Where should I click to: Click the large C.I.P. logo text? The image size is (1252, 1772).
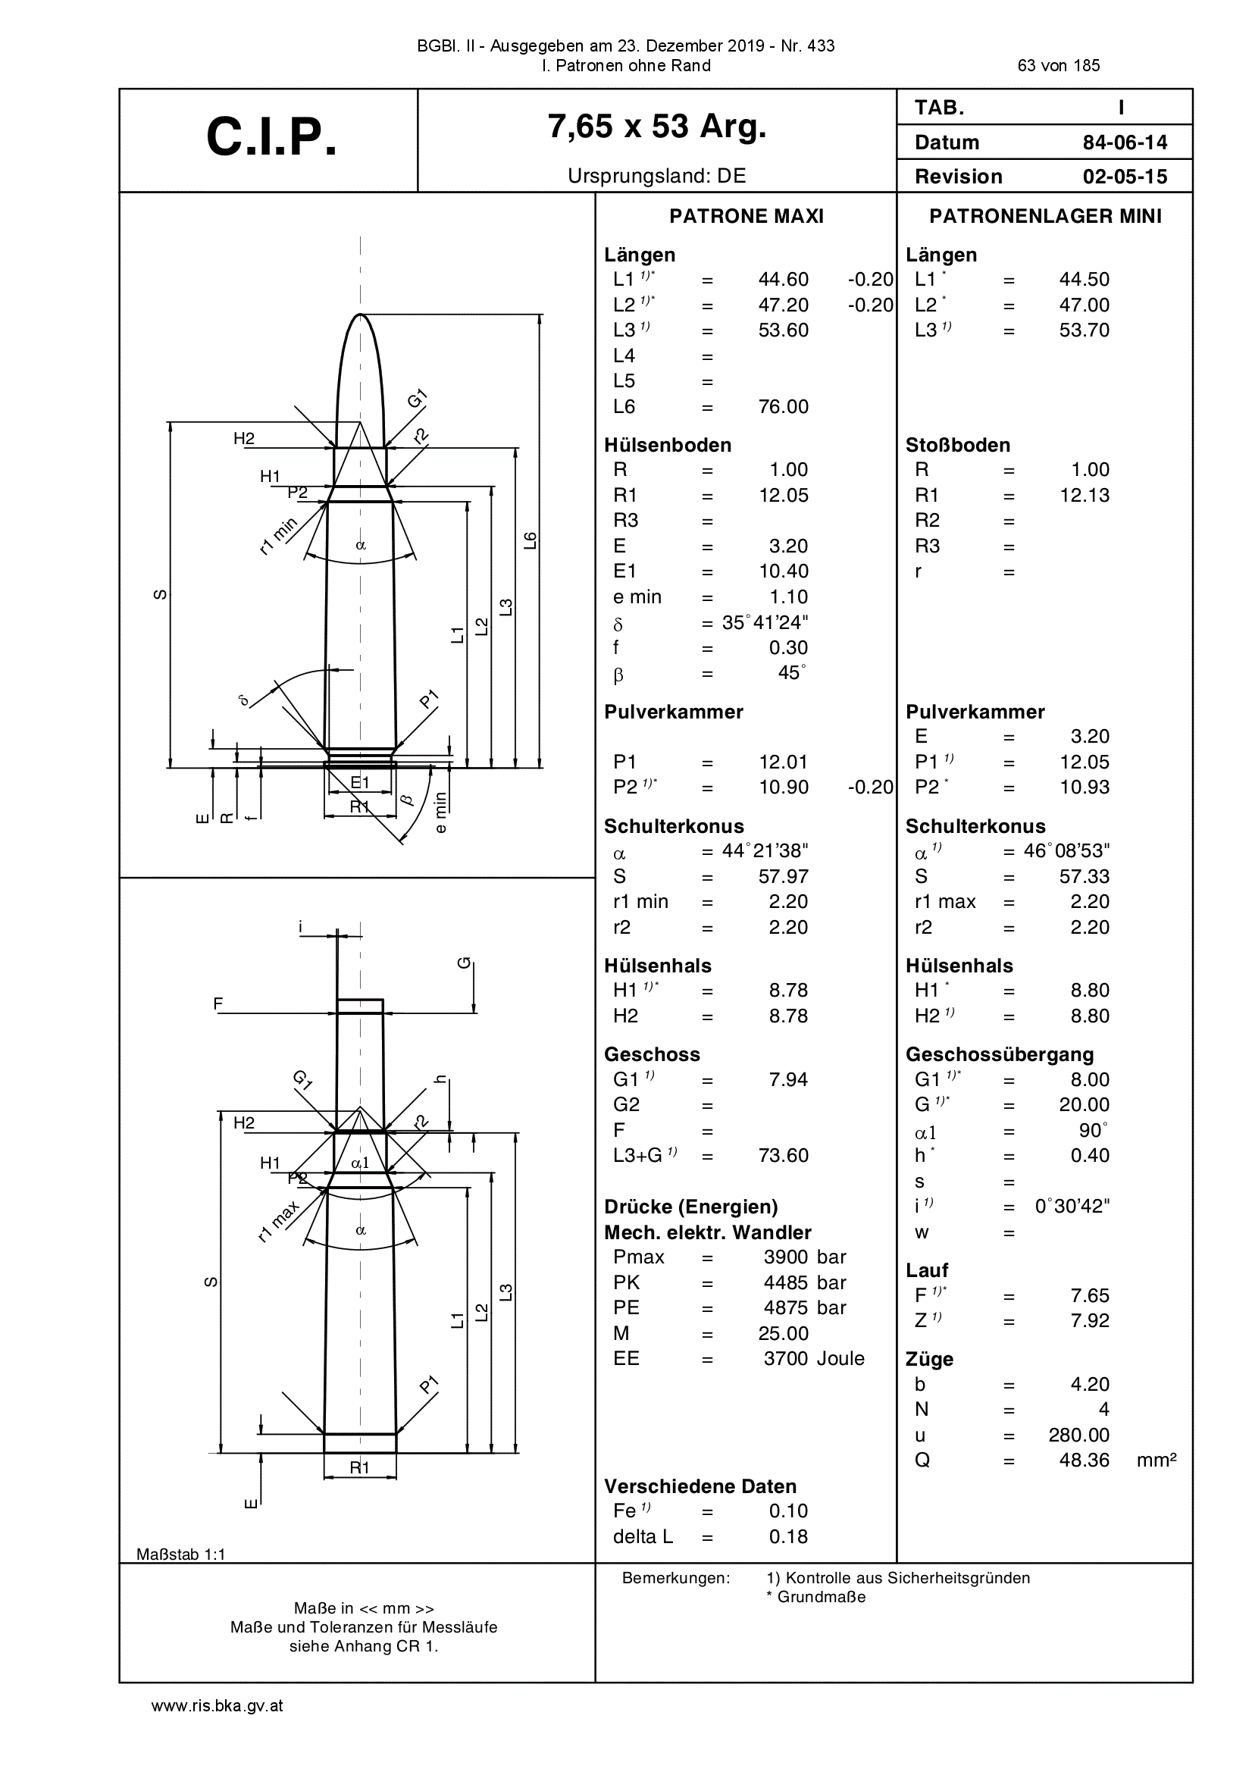point(272,137)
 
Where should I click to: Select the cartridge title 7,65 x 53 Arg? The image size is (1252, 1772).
point(657,126)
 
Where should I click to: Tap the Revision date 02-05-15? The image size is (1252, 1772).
point(1125,177)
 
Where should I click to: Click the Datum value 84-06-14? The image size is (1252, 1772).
point(1125,142)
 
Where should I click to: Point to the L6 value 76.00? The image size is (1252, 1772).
point(784,407)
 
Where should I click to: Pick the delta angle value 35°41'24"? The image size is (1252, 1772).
point(765,622)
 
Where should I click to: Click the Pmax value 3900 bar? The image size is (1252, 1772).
point(805,1257)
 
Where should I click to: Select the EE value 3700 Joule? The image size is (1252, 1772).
point(813,1358)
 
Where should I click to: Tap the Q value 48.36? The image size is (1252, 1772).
point(1085,1460)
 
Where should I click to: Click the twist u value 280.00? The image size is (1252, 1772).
point(1079,1435)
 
